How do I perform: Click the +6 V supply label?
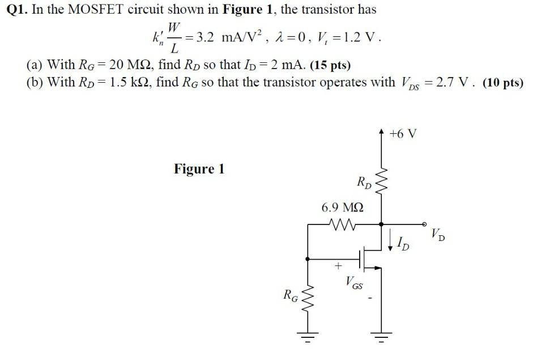tap(403, 134)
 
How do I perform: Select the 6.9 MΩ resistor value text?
tap(342, 208)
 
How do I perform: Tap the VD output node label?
tap(437, 233)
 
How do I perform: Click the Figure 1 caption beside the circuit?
tap(199, 169)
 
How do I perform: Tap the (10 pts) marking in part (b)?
tap(503, 83)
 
